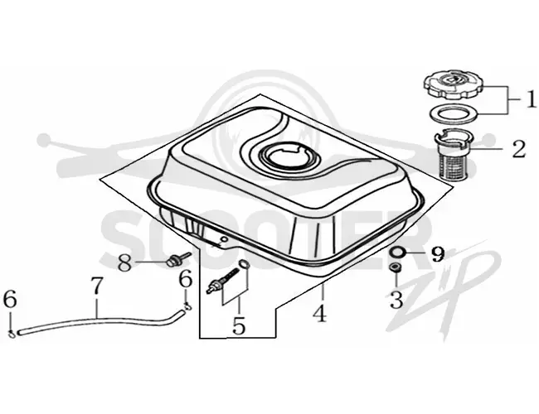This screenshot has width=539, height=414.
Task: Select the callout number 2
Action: click(519, 149)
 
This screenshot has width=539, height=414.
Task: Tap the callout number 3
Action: click(396, 300)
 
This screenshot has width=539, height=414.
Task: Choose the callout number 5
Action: click(239, 325)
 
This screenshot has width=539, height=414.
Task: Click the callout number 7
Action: click(96, 286)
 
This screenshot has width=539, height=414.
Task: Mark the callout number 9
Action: click(438, 253)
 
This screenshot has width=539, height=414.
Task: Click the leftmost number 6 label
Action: click(10, 299)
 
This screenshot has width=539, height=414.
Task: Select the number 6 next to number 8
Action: click(186, 278)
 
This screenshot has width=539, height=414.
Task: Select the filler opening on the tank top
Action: click(284, 158)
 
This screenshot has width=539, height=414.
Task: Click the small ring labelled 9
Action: click(397, 253)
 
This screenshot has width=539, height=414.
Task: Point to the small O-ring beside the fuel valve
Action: click(243, 264)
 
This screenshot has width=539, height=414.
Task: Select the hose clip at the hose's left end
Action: click(12, 333)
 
